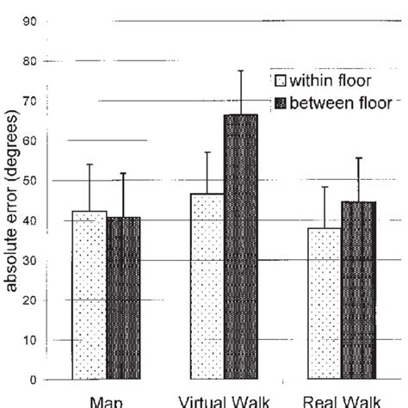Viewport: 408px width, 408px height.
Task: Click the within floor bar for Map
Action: [x=89, y=295]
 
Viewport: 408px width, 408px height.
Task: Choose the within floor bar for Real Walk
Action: [x=324, y=304]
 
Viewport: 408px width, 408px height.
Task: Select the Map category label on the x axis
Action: [x=106, y=401]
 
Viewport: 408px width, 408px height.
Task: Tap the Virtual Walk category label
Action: [x=224, y=401]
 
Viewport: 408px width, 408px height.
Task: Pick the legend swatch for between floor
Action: [x=280, y=102]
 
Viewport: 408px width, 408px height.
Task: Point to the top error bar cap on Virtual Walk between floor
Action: [x=241, y=71]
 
